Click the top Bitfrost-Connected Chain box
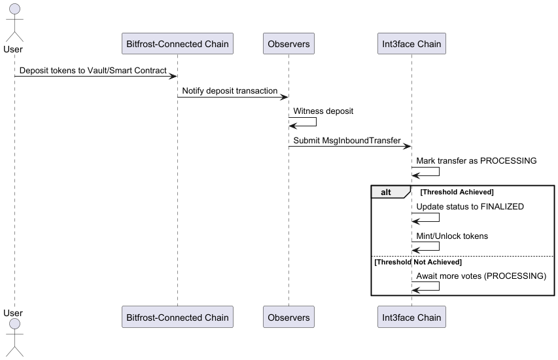[177, 44]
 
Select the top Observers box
[288, 44]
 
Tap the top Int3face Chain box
[411, 44]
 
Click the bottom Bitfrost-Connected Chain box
[177, 317]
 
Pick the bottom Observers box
[288, 317]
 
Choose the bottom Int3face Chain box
[411, 317]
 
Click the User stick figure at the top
[14, 23]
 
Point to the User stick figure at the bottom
[14, 337]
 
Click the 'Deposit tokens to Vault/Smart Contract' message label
[93, 70]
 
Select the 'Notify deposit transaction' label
[230, 91]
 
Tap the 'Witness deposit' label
[323, 111]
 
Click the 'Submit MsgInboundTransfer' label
[347, 140]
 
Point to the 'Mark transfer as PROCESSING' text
[476, 161]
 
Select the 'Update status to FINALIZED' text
[470, 207]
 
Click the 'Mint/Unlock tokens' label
[452, 236]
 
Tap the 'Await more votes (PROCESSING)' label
[481, 276]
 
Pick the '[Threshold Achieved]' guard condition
[456, 192]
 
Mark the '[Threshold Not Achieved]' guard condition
[417, 262]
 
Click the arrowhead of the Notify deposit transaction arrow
[285, 97]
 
